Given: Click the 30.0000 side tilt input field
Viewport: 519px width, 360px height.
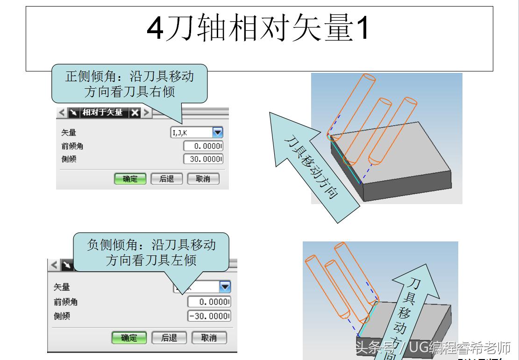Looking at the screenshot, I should [x=203, y=159].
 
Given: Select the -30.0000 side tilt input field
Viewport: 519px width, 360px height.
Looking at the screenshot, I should [x=209, y=316].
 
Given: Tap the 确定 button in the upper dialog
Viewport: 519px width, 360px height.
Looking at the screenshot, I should [x=130, y=179].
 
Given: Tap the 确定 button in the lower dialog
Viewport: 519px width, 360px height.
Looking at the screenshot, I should [x=129, y=338].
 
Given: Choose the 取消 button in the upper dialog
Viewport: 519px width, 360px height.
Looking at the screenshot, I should [x=203, y=179].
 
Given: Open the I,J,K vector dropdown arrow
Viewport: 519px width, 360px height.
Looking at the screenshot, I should [x=218, y=133].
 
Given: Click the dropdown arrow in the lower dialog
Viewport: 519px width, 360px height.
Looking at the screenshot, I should [x=225, y=287].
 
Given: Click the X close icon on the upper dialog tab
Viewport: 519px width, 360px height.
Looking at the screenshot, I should [x=135, y=113].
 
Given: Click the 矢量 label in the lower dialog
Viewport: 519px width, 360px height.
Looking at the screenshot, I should [x=62, y=287].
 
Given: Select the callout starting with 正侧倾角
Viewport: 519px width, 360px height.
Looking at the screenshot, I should [x=129, y=83].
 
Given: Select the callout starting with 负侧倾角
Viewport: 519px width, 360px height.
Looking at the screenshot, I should [x=151, y=252].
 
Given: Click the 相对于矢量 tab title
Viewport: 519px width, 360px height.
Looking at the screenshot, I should [x=102, y=113].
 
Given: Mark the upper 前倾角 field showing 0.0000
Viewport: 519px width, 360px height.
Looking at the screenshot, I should [x=203, y=146].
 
